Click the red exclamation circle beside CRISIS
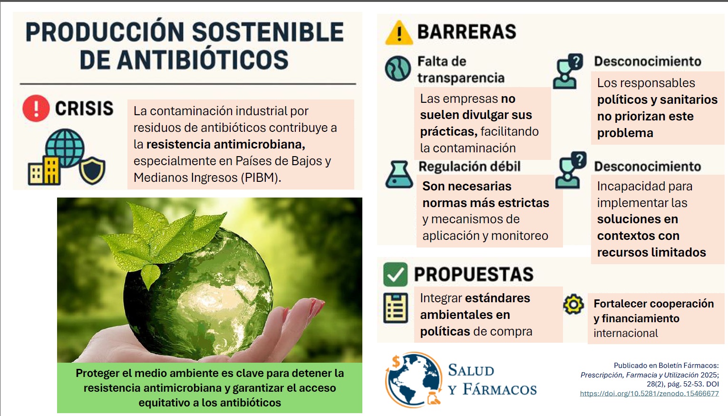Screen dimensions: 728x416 [x=36, y=109]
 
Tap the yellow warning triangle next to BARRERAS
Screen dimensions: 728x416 [x=399, y=32]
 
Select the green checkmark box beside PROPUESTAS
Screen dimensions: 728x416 [x=395, y=274]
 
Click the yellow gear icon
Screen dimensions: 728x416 [x=573, y=304]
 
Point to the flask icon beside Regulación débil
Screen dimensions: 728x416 [x=399, y=174]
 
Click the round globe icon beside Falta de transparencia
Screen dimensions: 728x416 [x=398, y=69]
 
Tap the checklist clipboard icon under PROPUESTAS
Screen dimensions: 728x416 [x=396, y=307]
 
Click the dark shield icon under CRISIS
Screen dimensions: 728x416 [x=93, y=170]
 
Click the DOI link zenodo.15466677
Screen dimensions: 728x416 [x=650, y=394]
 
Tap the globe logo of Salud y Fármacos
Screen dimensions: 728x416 [x=413, y=379]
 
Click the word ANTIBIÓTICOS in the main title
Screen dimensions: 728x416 [x=203, y=59]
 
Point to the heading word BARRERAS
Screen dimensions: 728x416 [x=466, y=31]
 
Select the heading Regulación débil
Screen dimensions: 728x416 [x=469, y=167]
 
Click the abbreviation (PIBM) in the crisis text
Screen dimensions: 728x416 [x=261, y=178]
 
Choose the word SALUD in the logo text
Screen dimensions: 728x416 [x=471, y=370]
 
